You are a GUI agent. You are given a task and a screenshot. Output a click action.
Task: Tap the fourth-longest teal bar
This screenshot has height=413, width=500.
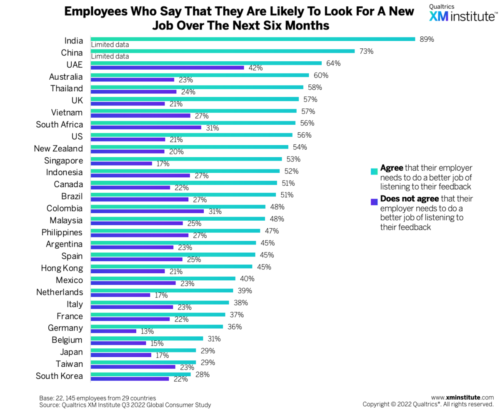click(200, 75)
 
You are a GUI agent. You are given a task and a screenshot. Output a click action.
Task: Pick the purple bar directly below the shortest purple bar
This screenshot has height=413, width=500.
click(119, 343)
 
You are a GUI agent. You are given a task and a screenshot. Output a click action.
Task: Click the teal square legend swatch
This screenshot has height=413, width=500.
click(374, 171)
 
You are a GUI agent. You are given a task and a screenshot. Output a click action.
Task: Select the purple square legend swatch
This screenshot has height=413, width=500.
click(374, 202)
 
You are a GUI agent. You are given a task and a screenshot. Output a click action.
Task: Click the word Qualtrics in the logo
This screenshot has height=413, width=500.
click(442, 7)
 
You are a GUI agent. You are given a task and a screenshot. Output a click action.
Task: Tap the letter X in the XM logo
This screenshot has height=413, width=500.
click(434, 16)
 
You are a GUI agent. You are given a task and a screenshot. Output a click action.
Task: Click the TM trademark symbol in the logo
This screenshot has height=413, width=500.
click(496, 13)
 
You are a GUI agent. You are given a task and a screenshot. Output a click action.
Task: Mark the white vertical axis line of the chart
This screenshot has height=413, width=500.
click(90, 209)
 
